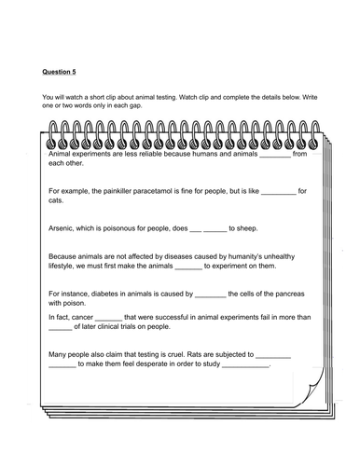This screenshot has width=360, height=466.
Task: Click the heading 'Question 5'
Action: point(62,69)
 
